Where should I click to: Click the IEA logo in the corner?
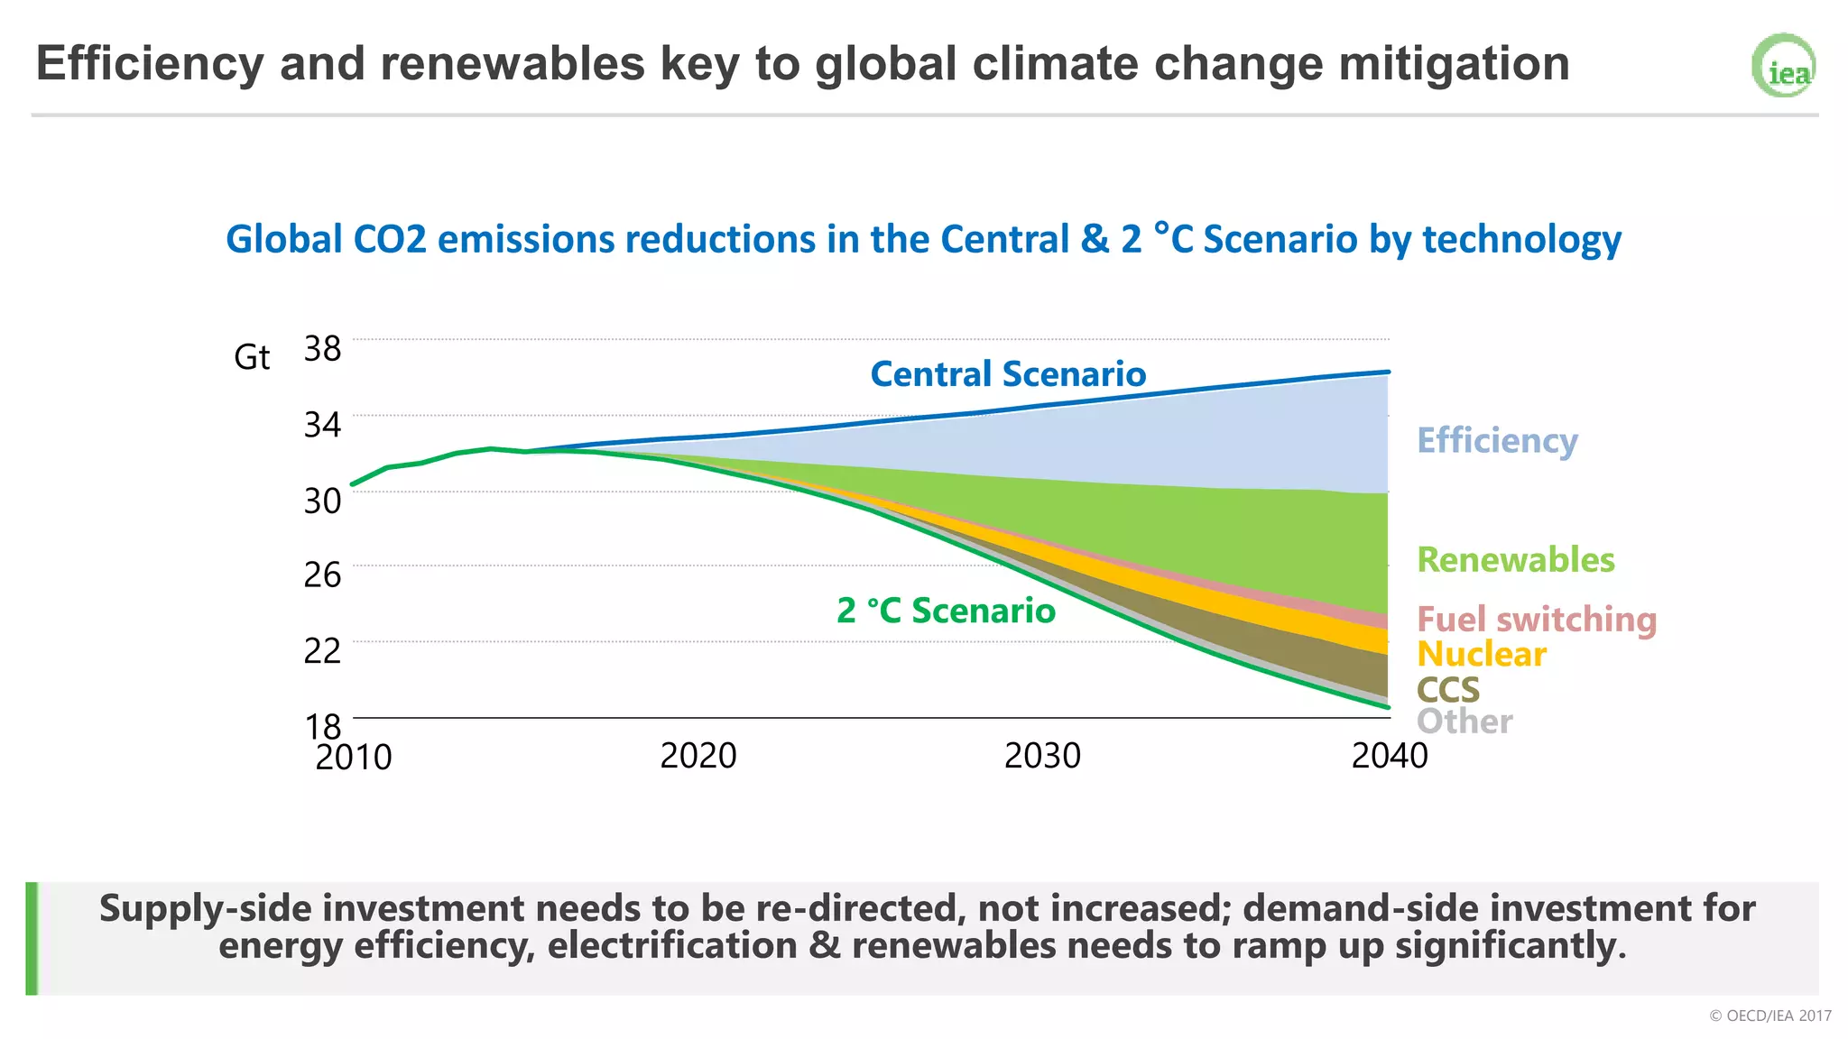[1783, 66]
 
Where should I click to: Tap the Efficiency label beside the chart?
[1497, 440]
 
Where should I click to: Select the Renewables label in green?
[1515, 560]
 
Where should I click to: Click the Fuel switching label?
[1536, 620]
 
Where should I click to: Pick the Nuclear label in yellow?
[1481, 654]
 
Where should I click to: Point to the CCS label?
[1447, 690]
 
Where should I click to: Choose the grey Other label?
[1464, 722]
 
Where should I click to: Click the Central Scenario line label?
[1007, 374]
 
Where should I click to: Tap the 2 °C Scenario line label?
[945, 611]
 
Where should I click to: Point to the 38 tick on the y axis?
[322, 348]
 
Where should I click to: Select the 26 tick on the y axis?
[322, 575]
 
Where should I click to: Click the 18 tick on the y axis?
[322, 726]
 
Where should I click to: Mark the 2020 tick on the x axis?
[698, 756]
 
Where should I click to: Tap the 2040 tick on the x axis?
[1389, 756]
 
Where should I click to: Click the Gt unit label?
[252, 357]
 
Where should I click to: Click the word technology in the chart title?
[1521, 240]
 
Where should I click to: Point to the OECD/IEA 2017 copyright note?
[1769, 1016]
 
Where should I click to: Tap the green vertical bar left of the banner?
[32, 938]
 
